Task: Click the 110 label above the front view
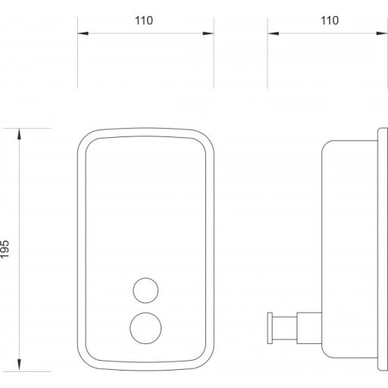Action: click(x=144, y=20)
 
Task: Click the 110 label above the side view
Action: click(x=330, y=20)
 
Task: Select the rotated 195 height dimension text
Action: click(x=5, y=249)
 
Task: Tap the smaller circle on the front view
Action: click(x=145, y=290)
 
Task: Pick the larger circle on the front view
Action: click(x=145, y=328)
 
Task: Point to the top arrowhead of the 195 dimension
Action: click(x=19, y=134)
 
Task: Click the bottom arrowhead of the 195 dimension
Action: click(x=19, y=365)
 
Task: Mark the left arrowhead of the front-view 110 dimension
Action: click(x=83, y=33)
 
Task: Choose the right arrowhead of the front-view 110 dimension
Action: click(x=208, y=33)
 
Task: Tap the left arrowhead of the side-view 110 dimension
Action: click(x=274, y=33)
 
